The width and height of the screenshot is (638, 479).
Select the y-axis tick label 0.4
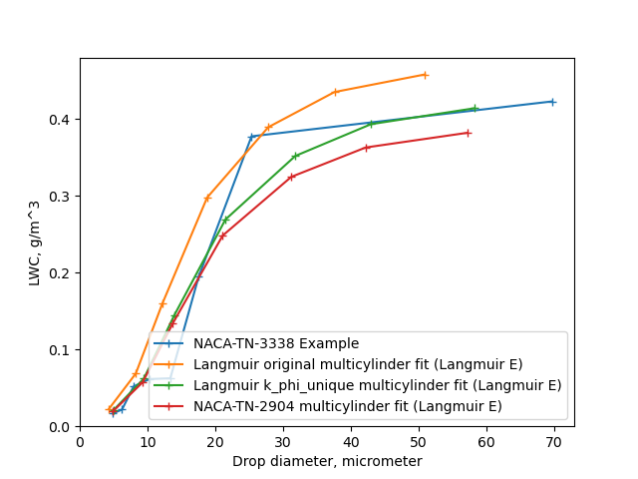[x=61, y=120]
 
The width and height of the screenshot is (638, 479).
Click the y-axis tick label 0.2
[x=61, y=273]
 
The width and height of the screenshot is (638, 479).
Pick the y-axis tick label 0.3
[x=61, y=197]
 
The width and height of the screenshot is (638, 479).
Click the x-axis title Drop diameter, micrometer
[x=327, y=461]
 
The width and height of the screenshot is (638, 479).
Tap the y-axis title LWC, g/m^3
[x=34, y=235]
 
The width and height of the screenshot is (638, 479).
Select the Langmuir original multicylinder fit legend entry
[x=358, y=365]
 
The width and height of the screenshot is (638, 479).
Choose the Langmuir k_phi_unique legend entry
[x=377, y=385]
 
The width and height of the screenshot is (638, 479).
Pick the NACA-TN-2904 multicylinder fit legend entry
[x=347, y=406]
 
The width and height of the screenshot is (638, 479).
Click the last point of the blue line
[x=552, y=102]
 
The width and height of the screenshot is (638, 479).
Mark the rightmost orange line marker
[x=425, y=75]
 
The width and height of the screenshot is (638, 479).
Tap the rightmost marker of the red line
[x=468, y=133]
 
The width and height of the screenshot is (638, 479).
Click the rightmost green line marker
[x=475, y=108]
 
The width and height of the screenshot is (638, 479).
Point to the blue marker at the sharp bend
[x=251, y=137]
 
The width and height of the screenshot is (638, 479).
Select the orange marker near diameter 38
[x=335, y=92]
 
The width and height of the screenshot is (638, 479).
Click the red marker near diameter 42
[x=366, y=148]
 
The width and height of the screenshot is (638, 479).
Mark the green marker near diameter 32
[x=295, y=156]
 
